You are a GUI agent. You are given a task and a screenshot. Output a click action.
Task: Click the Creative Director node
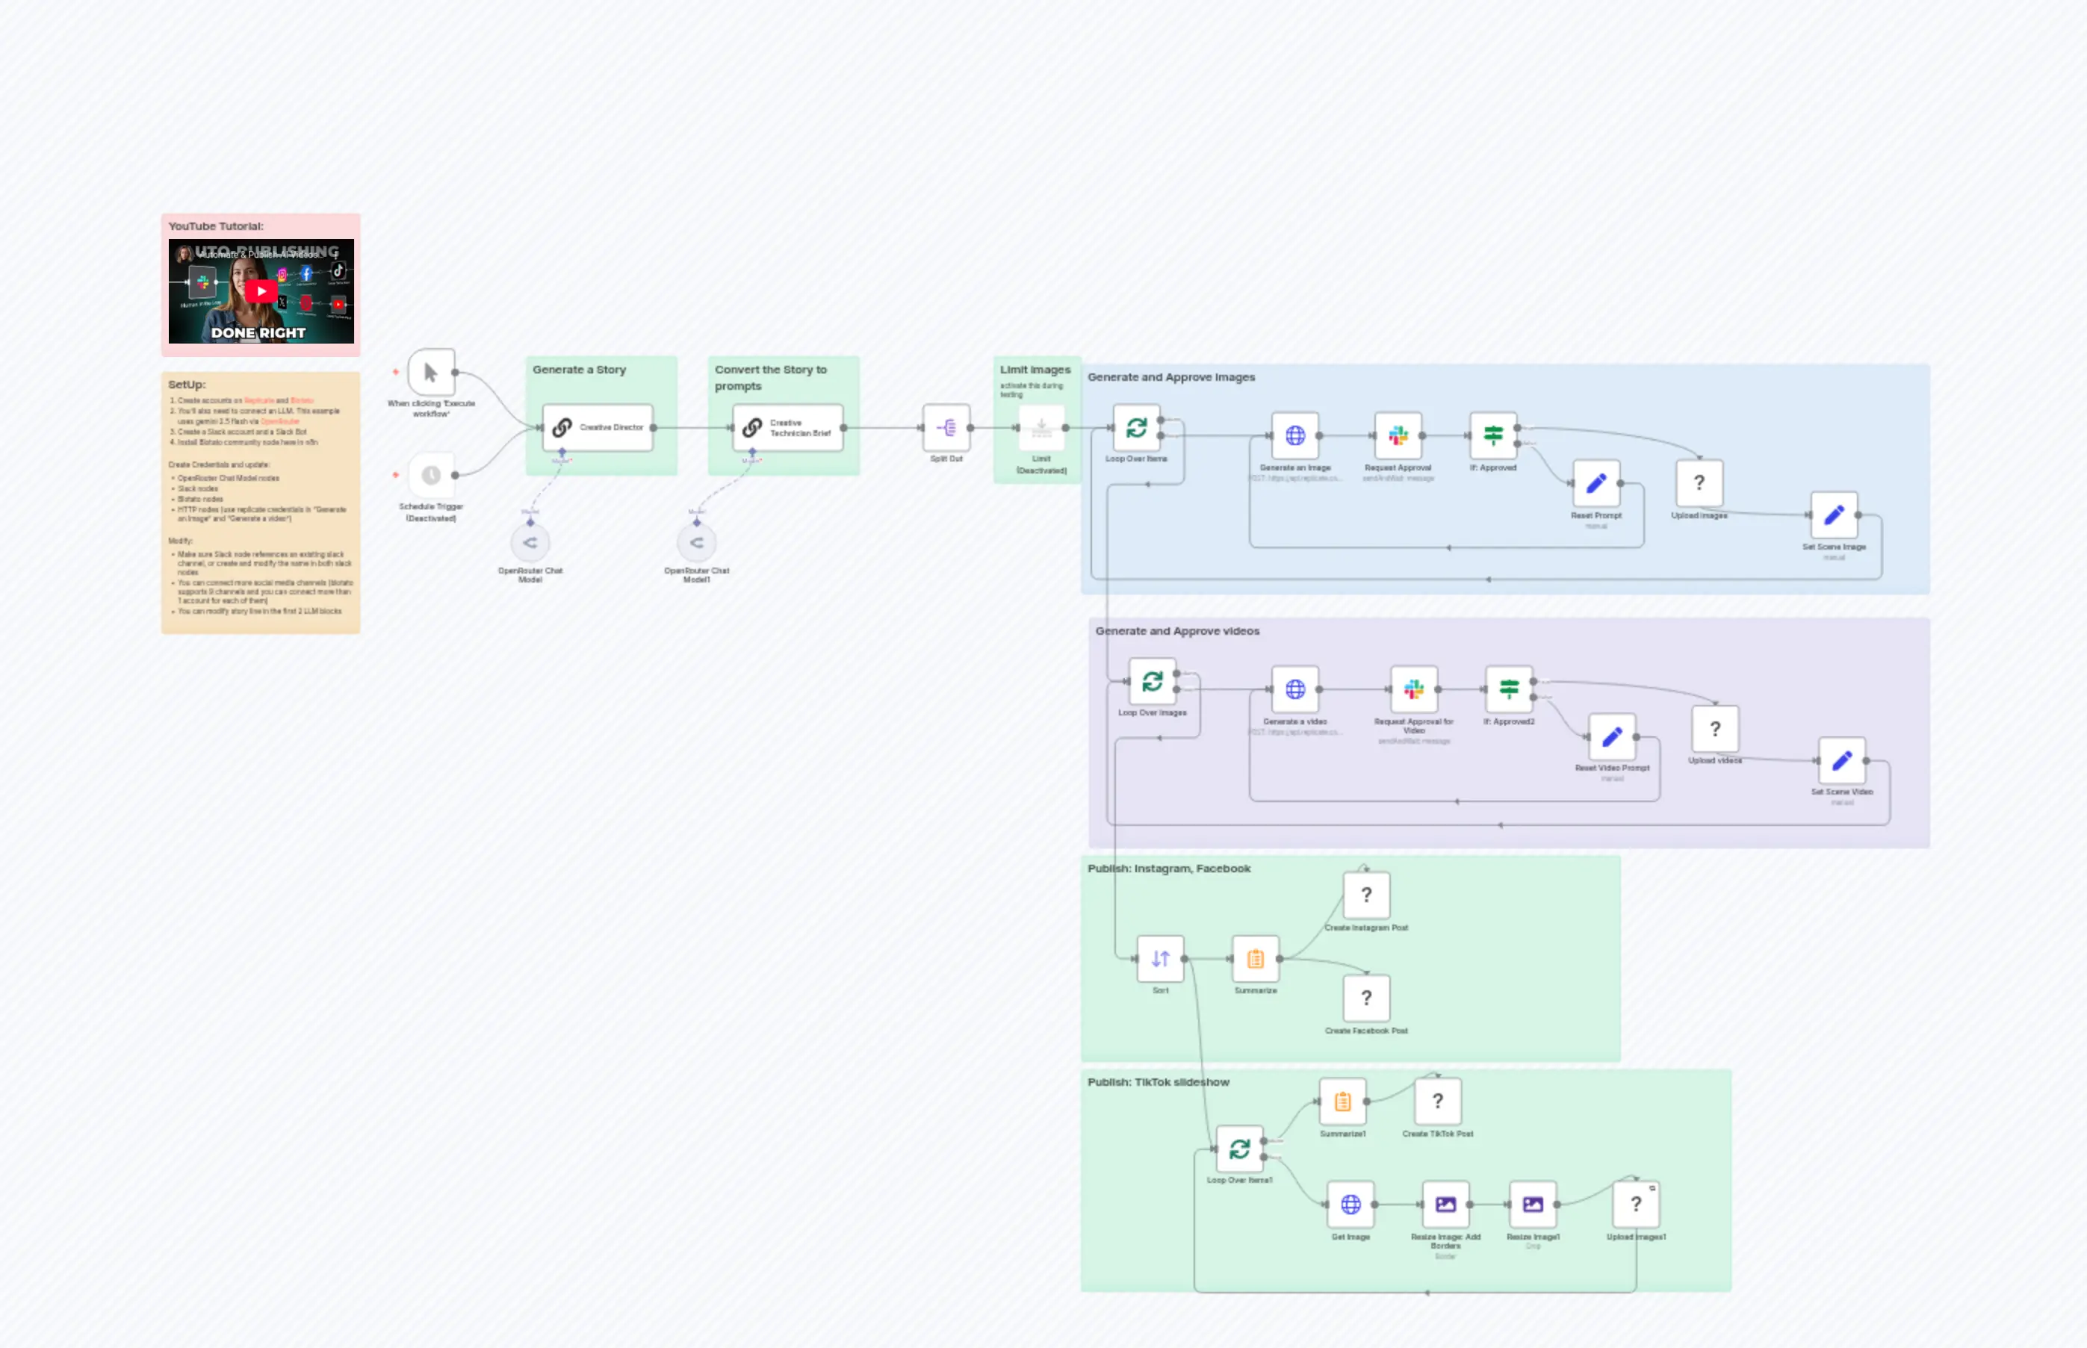pyautogui.click(x=598, y=428)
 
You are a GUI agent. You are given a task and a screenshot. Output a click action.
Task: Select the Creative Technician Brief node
pyautogui.click(x=788, y=428)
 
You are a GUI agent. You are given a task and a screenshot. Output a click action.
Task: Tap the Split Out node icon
pyautogui.click(x=946, y=428)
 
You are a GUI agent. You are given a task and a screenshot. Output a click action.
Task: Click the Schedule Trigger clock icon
pyautogui.click(x=431, y=475)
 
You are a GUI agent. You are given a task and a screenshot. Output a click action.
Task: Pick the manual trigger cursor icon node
pyautogui.click(x=431, y=373)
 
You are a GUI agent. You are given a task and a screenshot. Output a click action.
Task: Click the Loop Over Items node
pyautogui.click(x=1136, y=428)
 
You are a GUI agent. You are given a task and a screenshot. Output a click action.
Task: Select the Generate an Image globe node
pyautogui.click(x=1294, y=436)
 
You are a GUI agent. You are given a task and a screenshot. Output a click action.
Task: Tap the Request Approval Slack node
pyautogui.click(x=1398, y=436)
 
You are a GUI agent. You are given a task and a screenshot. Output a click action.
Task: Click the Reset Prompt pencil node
pyautogui.click(x=1596, y=483)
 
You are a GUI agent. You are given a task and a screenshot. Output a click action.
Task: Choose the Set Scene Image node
pyautogui.click(x=1834, y=515)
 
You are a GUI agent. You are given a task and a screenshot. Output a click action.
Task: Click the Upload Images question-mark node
pyautogui.click(x=1699, y=483)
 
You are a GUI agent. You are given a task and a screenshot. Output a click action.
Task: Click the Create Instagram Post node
pyautogui.click(x=1366, y=895)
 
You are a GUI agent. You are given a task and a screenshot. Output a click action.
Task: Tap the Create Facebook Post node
pyautogui.click(x=1366, y=998)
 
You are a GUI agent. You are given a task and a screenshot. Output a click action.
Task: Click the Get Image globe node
pyautogui.click(x=1350, y=1205)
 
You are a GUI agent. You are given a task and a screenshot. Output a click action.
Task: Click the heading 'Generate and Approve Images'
pyautogui.click(x=1171, y=377)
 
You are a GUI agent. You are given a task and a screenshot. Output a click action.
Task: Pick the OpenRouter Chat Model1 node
pyautogui.click(x=697, y=544)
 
